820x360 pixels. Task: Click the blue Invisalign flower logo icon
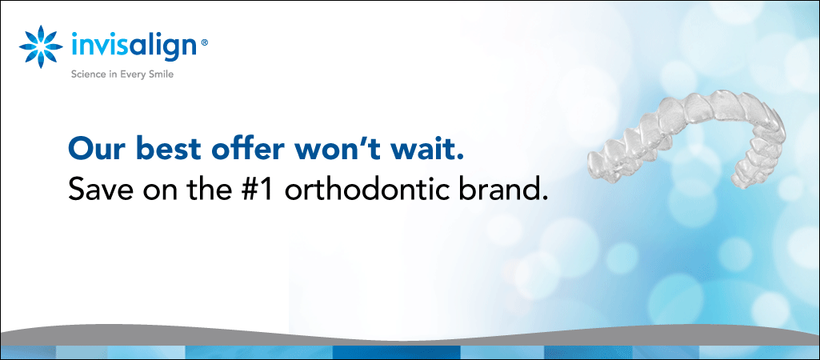click(41, 46)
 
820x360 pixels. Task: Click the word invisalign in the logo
click(134, 46)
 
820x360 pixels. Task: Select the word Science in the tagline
click(87, 74)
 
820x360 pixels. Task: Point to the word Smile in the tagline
click(161, 74)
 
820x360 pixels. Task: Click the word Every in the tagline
click(133, 75)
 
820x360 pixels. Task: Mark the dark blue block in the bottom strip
click(397, 352)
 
